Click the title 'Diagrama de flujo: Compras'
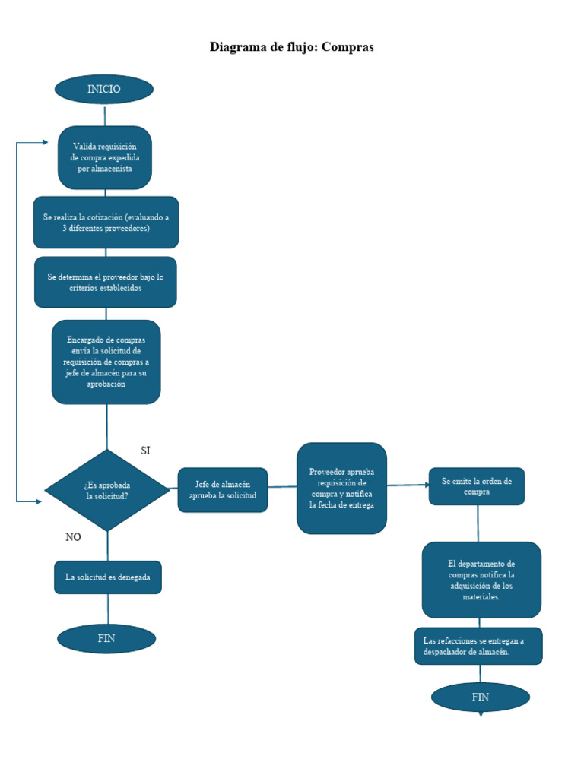click(x=292, y=47)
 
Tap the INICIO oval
click(x=104, y=89)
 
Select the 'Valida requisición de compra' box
click(x=105, y=157)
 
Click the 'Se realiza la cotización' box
click(x=106, y=223)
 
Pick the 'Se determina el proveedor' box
click(x=106, y=283)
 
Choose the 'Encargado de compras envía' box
click(x=106, y=362)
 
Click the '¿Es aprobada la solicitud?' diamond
click(x=107, y=490)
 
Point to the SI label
click(x=145, y=451)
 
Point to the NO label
click(x=73, y=537)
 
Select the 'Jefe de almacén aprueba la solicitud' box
click(x=223, y=490)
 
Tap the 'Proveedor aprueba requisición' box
click(x=341, y=489)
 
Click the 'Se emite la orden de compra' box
click(x=477, y=486)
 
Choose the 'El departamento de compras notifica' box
click(x=481, y=580)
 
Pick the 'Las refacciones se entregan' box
click(x=478, y=646)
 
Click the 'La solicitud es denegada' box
click(x=108, y=577)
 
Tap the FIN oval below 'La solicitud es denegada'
click(x=106, y=639)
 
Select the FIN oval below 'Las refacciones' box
click(x=480, y=697)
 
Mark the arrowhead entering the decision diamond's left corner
click(x=40, y=501)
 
